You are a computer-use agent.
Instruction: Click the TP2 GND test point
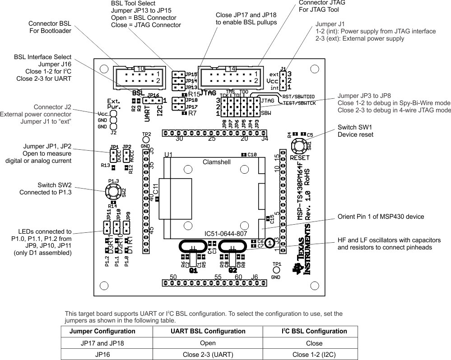point(146,140)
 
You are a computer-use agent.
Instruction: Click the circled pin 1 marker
point(270,243)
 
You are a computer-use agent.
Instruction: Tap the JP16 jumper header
point(152,101)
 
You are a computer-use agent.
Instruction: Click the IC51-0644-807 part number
point(226,234)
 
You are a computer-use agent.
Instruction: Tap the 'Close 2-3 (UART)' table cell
point(208,354)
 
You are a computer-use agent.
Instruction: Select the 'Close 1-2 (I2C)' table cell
point(314,354)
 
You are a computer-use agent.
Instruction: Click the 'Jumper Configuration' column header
point(102,331)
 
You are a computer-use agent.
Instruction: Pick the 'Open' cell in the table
point(208,343)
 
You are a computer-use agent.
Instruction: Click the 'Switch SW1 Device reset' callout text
point(355,131)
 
